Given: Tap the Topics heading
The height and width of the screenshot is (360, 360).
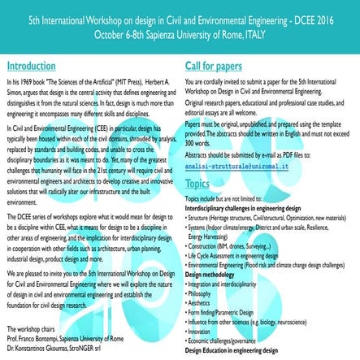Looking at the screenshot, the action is pos(197,184).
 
